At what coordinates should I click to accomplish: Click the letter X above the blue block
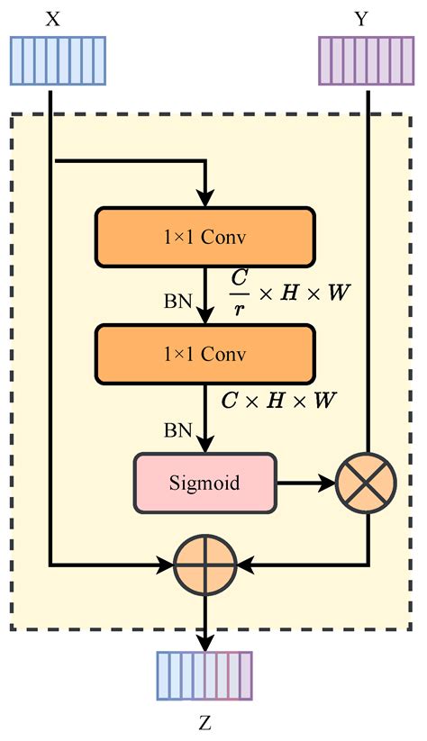[53, 18]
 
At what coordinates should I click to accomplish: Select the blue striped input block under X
[58, 61]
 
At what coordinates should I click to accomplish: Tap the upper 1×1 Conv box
[204, 237]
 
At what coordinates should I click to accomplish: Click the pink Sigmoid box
[204, 483]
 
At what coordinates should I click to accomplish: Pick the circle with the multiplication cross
[366, 483]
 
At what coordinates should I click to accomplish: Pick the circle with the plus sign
[205, 565]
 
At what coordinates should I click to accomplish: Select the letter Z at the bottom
[206, 723]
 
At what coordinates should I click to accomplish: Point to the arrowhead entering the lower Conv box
[206, 316]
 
